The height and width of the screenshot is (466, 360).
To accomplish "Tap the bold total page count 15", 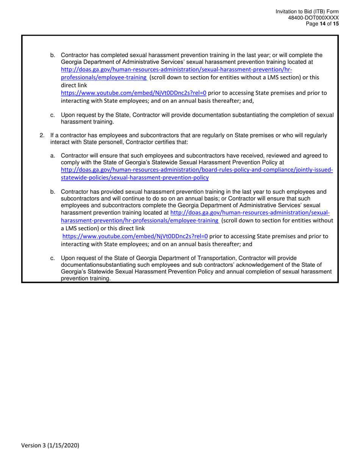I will tap(336, 23).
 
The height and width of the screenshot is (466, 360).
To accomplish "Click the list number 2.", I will tap(42, 135).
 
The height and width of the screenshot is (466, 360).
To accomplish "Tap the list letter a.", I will tap(53, 155).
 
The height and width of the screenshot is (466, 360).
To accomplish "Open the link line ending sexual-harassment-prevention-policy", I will tap(135, 177).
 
